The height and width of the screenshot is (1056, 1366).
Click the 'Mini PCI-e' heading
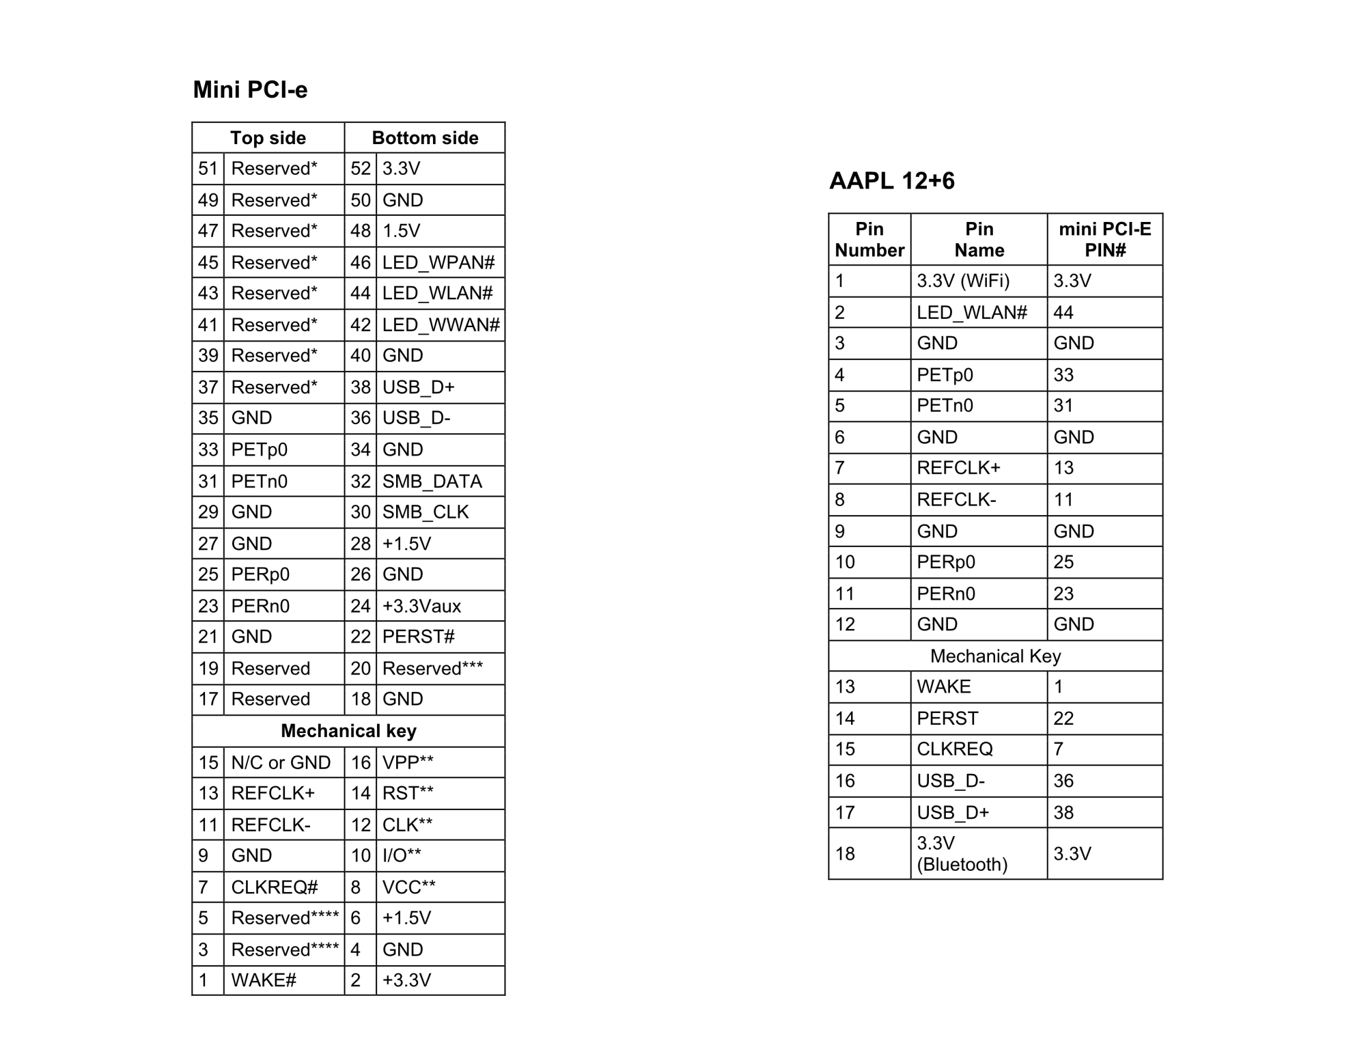pos(250,89)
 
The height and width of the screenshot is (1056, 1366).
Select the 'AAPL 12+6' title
pos(891,181)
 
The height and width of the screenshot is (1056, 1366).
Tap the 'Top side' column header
pos(268,138)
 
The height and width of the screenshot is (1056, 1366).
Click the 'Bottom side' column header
pos(425,138)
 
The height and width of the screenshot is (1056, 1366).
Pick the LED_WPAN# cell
pos(438,262)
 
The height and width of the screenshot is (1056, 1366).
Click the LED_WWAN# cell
pos(441,324)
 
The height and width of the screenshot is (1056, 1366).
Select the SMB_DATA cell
pos(432,482)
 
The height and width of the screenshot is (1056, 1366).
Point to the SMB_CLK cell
pos(426,512)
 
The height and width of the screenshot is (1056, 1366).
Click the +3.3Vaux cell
pos(421,606)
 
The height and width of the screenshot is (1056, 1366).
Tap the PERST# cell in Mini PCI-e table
pos(418,637)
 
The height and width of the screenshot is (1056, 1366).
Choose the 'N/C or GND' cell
pos(281,762)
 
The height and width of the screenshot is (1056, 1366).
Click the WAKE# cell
pos(264,980)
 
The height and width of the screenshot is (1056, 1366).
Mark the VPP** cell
pos(408,762)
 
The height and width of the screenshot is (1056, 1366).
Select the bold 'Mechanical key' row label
pos(348,731)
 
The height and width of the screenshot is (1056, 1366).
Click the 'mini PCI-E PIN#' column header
pos(1104,239)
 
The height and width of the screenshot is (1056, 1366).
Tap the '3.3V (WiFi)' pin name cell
pos(963,281)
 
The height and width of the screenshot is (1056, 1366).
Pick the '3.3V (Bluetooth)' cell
pos(962,854)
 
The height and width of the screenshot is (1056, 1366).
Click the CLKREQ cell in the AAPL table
pos(954,749)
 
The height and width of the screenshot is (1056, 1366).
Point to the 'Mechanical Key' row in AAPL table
pos(995,656)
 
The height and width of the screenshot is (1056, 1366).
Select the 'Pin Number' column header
pos(869,239)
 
